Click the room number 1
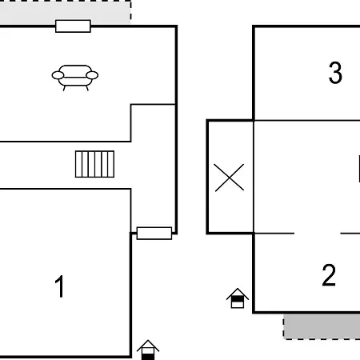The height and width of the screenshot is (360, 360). [60, 286]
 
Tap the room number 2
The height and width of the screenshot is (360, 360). [329, 275]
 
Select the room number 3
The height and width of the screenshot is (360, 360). [335, 73]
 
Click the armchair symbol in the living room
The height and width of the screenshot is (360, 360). [75, 78]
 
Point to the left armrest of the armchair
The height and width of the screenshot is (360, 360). [58, 75]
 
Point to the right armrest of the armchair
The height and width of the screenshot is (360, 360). [92, 75]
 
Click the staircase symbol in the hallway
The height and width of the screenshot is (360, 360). [94, 164]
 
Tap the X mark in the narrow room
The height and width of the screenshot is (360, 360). [229, 178]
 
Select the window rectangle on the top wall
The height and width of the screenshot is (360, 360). [73, 26]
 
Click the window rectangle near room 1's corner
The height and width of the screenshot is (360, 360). [154, 234]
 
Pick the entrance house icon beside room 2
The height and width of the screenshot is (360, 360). [238, 298]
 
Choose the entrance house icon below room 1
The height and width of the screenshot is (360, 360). [148, 350]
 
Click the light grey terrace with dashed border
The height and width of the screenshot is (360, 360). [66, 13]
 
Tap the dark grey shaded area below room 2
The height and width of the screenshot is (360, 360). [322, 327]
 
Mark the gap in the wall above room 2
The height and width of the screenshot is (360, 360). [318, 234]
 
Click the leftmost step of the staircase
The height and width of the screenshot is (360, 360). [78, 164]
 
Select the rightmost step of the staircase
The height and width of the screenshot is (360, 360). [111, 164]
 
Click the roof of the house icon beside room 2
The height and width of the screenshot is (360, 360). [238, 293]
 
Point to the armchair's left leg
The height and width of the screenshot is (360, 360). [64, 88]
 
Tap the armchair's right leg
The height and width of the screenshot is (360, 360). [87, 88]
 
